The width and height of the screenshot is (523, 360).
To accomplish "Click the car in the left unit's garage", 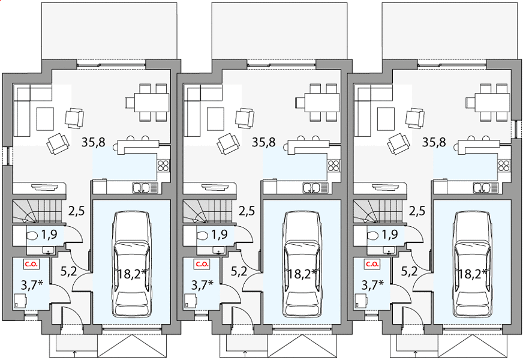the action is [132, 264].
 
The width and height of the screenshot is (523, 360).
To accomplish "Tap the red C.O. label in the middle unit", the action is [202, 264].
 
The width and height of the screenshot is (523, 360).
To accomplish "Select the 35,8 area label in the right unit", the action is [434, 142].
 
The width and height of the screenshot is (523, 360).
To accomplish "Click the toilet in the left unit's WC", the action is [32, 236].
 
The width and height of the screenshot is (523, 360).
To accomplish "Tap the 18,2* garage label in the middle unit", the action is [302, 274].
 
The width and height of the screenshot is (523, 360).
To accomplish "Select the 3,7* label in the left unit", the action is [32, 285].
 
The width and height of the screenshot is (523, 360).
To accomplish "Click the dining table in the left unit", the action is [152, 103].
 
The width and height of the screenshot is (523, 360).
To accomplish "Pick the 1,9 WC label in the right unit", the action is [390, 235].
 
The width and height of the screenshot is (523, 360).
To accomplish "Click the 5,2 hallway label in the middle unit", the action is [239, 271].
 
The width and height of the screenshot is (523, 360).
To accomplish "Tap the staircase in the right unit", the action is [378, 211].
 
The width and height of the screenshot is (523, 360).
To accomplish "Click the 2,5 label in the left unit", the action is [77, 211].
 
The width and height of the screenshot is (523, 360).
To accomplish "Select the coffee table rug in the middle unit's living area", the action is [215, 118].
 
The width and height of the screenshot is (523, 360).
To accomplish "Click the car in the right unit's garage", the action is [472, 264].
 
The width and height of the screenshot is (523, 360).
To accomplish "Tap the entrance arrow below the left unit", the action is [74, 353].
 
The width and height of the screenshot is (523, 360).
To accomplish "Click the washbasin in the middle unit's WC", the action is [219, 250].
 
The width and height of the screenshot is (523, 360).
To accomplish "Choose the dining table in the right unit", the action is [492, 103].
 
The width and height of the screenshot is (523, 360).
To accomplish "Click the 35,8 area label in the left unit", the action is [94, 142].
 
